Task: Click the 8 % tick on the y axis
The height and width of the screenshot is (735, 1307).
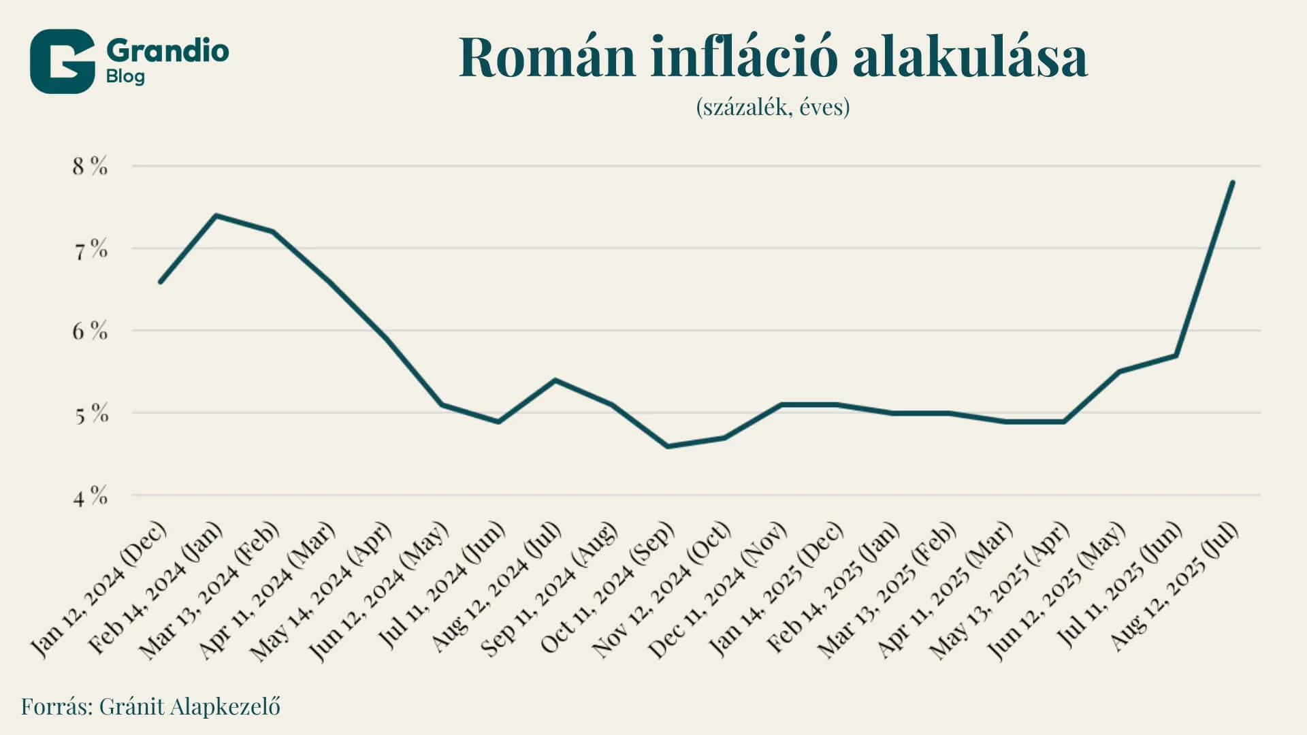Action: point(90,166)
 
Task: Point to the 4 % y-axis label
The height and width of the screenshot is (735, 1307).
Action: point(90,497)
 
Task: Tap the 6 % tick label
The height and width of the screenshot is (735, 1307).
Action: point(90,331)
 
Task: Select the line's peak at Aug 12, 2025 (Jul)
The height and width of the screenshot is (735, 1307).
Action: point(1232,182)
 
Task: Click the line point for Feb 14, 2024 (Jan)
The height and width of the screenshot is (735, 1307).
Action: point(216,216)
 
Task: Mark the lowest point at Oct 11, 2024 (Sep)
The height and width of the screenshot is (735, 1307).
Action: point(668,446)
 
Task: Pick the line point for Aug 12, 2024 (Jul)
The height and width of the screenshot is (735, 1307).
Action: point(555,380)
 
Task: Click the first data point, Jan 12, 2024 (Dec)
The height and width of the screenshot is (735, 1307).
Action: point(160,282)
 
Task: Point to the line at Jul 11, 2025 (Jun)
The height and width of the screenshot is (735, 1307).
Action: point(1176,355)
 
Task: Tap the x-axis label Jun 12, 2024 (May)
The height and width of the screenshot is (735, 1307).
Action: point(379,592)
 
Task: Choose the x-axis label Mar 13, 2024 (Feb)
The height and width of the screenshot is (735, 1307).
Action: point(210,592)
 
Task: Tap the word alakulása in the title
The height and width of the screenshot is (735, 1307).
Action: point(969,58)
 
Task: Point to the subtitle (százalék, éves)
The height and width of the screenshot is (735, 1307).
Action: point(773,108)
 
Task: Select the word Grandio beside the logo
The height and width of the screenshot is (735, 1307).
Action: point(167,51)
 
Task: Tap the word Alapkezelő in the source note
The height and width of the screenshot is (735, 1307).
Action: point(225,706)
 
